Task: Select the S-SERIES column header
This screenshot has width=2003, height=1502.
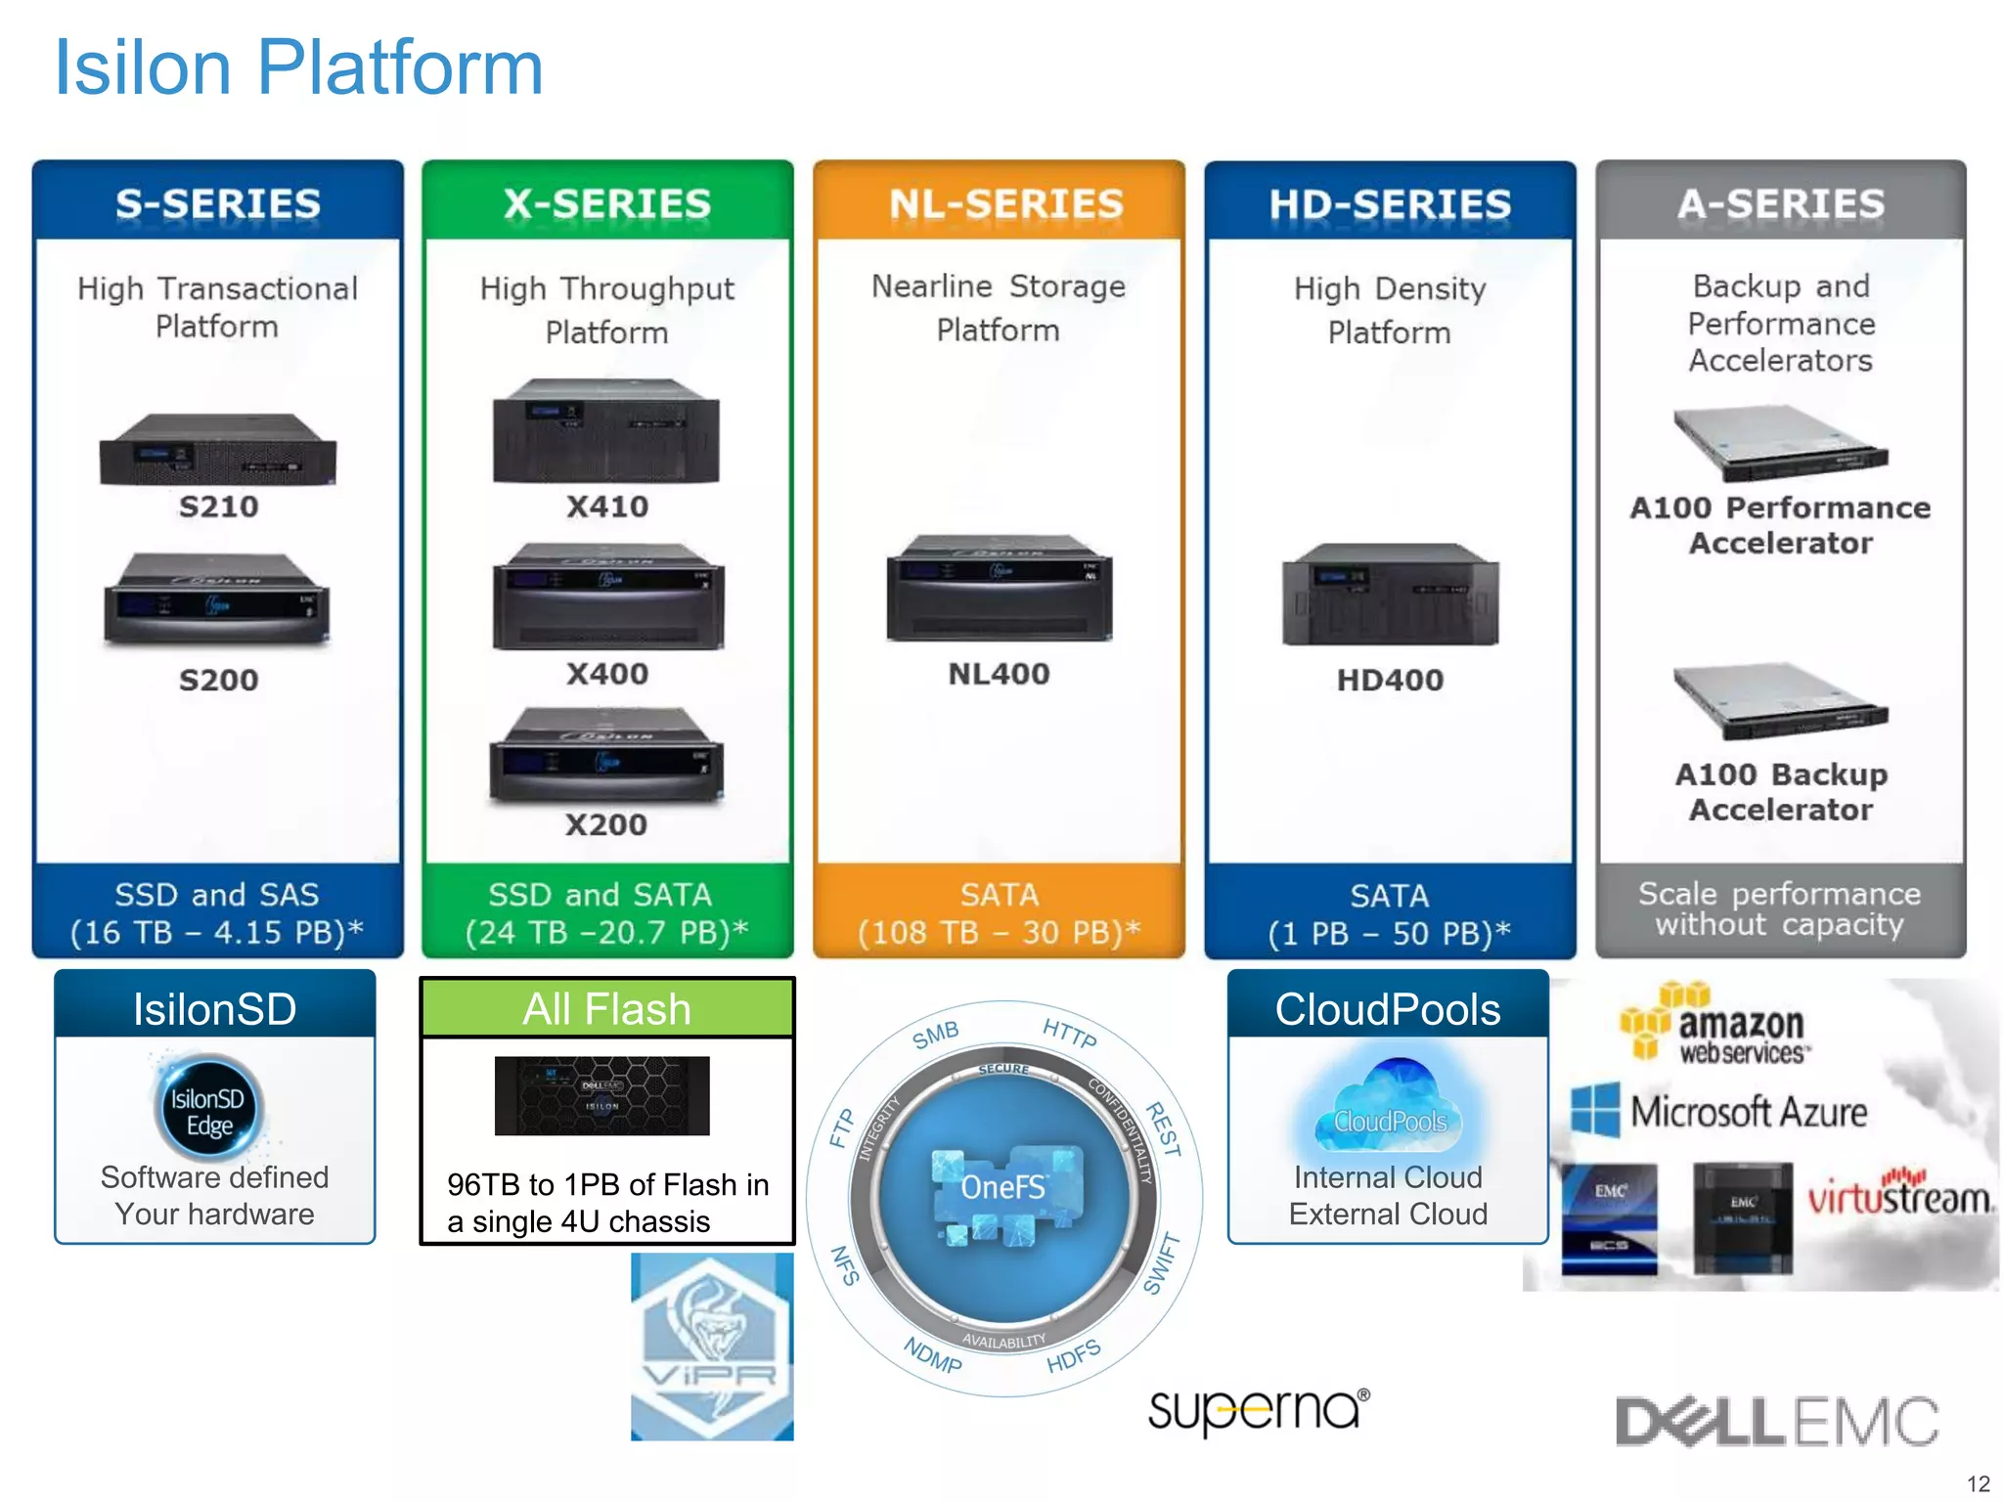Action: coord(217,203)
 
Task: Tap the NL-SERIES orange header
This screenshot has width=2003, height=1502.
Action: coord(1005,203)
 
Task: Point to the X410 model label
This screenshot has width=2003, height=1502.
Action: coord(606,506)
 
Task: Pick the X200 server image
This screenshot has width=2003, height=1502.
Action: coord(606,755)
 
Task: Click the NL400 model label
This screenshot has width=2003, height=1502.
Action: coord(999,673)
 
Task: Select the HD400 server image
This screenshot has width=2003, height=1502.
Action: coord(1390,595)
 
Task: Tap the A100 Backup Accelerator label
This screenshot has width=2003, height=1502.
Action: coord(1780,791)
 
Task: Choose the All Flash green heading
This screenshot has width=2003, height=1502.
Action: coord(606,1008)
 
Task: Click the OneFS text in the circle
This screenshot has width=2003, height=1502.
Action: coord(1002,1186)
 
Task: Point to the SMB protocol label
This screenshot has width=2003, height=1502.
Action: coord(936,1035)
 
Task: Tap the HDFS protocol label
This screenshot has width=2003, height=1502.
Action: coord(1073,1356)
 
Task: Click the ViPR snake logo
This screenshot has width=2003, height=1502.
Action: coord(711,1346)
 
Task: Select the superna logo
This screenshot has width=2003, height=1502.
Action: coord(1258,1410)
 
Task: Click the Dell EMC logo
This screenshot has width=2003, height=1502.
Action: coord(1776,1421)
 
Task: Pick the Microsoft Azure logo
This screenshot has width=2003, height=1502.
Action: coord(1719,1112)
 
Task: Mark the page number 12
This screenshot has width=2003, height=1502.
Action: coord(1978,1482)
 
